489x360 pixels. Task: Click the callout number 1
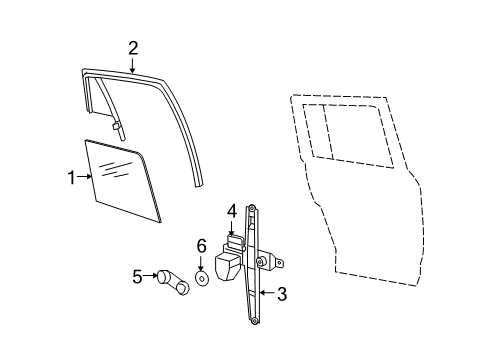click(71, 178)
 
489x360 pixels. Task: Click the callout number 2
click(133, 47)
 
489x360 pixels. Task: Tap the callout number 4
click(231, 212)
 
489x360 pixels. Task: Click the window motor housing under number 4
click(227, 265)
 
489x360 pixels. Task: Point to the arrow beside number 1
click(86, 178)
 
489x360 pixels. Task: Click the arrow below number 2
click(133, 64)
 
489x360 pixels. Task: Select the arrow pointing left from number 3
click(264, 293)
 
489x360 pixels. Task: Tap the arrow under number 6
click(201, 264)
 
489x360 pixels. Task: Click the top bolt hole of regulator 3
click(252, 208)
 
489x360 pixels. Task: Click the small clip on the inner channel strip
click(117, 127)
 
